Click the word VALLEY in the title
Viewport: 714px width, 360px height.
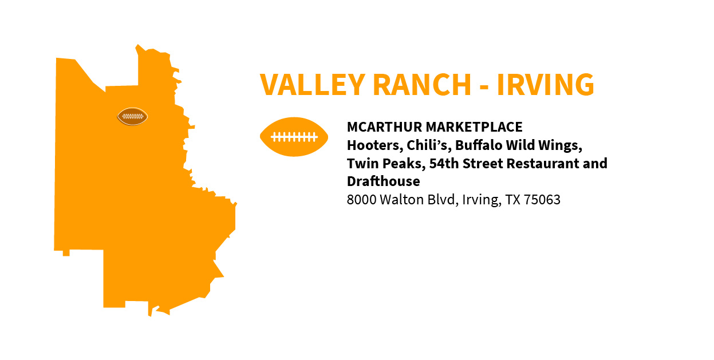click(x=313, y=85)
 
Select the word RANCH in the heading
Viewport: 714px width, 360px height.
click(x=422, y=85)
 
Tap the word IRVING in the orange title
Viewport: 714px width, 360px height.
click(x=546, y=85)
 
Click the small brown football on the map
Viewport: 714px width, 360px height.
click(x=132, y=117)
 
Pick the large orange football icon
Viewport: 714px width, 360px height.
click(x=294, y=137)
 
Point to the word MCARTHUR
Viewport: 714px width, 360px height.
click(x=384, y=127)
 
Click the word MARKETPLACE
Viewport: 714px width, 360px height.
click(x=474, y=127)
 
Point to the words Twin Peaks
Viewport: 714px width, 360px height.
click(x=386, y=164)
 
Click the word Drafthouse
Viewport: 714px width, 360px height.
click(x=384, y=181)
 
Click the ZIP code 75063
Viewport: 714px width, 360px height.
click(x=542, y=200)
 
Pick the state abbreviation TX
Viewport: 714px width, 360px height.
click(x=513, y=200)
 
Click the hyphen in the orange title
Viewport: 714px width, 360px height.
click(x=484, y=87)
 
